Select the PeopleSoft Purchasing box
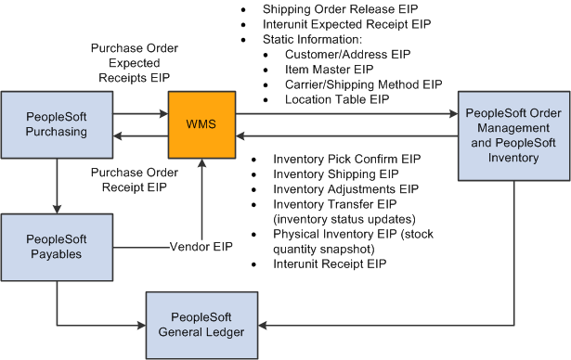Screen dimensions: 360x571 (x=56, y=123)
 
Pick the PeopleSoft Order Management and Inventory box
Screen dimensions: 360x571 (x=513, y=134)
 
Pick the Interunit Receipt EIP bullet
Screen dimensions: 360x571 (x=330, y=264)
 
